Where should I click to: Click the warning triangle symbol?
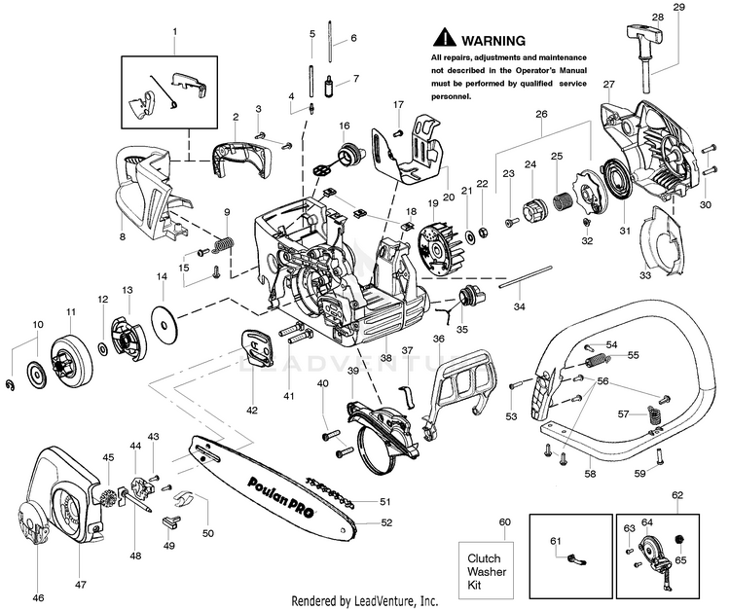[444, 37]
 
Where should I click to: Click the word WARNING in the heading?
[493, 41]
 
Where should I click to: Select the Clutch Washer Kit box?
[486, 572]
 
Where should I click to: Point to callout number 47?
[80, 584]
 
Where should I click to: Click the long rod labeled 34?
[526, 277]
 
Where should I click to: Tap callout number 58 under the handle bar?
[591, 474]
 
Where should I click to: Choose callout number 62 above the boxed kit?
[677, 495]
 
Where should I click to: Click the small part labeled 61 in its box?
[577, 559]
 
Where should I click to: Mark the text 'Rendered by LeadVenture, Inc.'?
[365, 600]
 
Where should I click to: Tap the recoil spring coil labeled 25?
[564, 201]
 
